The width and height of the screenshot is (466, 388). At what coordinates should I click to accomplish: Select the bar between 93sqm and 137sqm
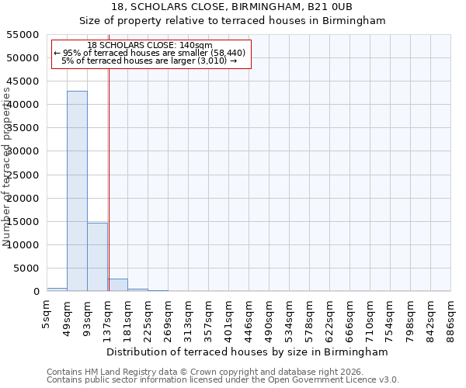click(x=97, y=257)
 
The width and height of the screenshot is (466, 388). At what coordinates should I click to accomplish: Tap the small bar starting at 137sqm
click(x=118, y=285)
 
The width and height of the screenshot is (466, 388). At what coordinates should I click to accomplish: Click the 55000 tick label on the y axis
click(x=23, y=35)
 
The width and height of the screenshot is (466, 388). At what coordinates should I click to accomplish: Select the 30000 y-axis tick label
click(x=23, y=151)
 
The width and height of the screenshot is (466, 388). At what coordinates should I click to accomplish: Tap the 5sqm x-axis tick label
click(x=47, y=314)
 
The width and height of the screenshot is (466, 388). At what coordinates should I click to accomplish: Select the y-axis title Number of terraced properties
click(x=8, y=167)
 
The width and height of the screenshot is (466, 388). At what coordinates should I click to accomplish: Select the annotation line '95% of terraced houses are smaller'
click(x=150, y=53)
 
